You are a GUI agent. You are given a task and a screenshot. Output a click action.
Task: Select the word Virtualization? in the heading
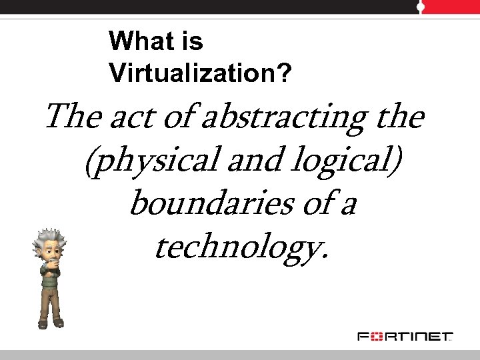[x=200, y=73]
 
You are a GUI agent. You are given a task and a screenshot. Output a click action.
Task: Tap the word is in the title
[x=189, y=41]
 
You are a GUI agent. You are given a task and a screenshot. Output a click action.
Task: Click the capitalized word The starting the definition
[x=71, y=118]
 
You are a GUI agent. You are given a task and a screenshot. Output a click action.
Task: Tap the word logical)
[x=344, y=163]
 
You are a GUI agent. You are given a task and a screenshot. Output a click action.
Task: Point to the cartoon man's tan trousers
[x=50, y=303]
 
